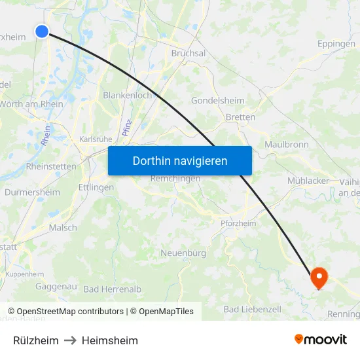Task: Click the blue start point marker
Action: click(42, 31)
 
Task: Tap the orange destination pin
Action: click(319, 278)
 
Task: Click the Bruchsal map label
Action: click(189, 53)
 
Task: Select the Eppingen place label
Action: click(336, 44)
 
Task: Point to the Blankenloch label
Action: click(127, 95)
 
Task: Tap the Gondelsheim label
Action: click(217, 101)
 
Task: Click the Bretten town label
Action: click(240, 117)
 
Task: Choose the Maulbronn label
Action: click(286, 144)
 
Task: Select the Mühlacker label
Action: click(308, 181)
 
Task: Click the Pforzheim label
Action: click(238, 223)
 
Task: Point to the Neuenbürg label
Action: click(183, 253)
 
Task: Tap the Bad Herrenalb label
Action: click(112, 289)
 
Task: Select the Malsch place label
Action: click(63, 228)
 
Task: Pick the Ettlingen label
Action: click(97, 187)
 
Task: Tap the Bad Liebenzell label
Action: click(252, 309)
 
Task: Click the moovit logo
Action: click(320, 340)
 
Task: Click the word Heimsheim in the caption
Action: click(110, 340)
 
